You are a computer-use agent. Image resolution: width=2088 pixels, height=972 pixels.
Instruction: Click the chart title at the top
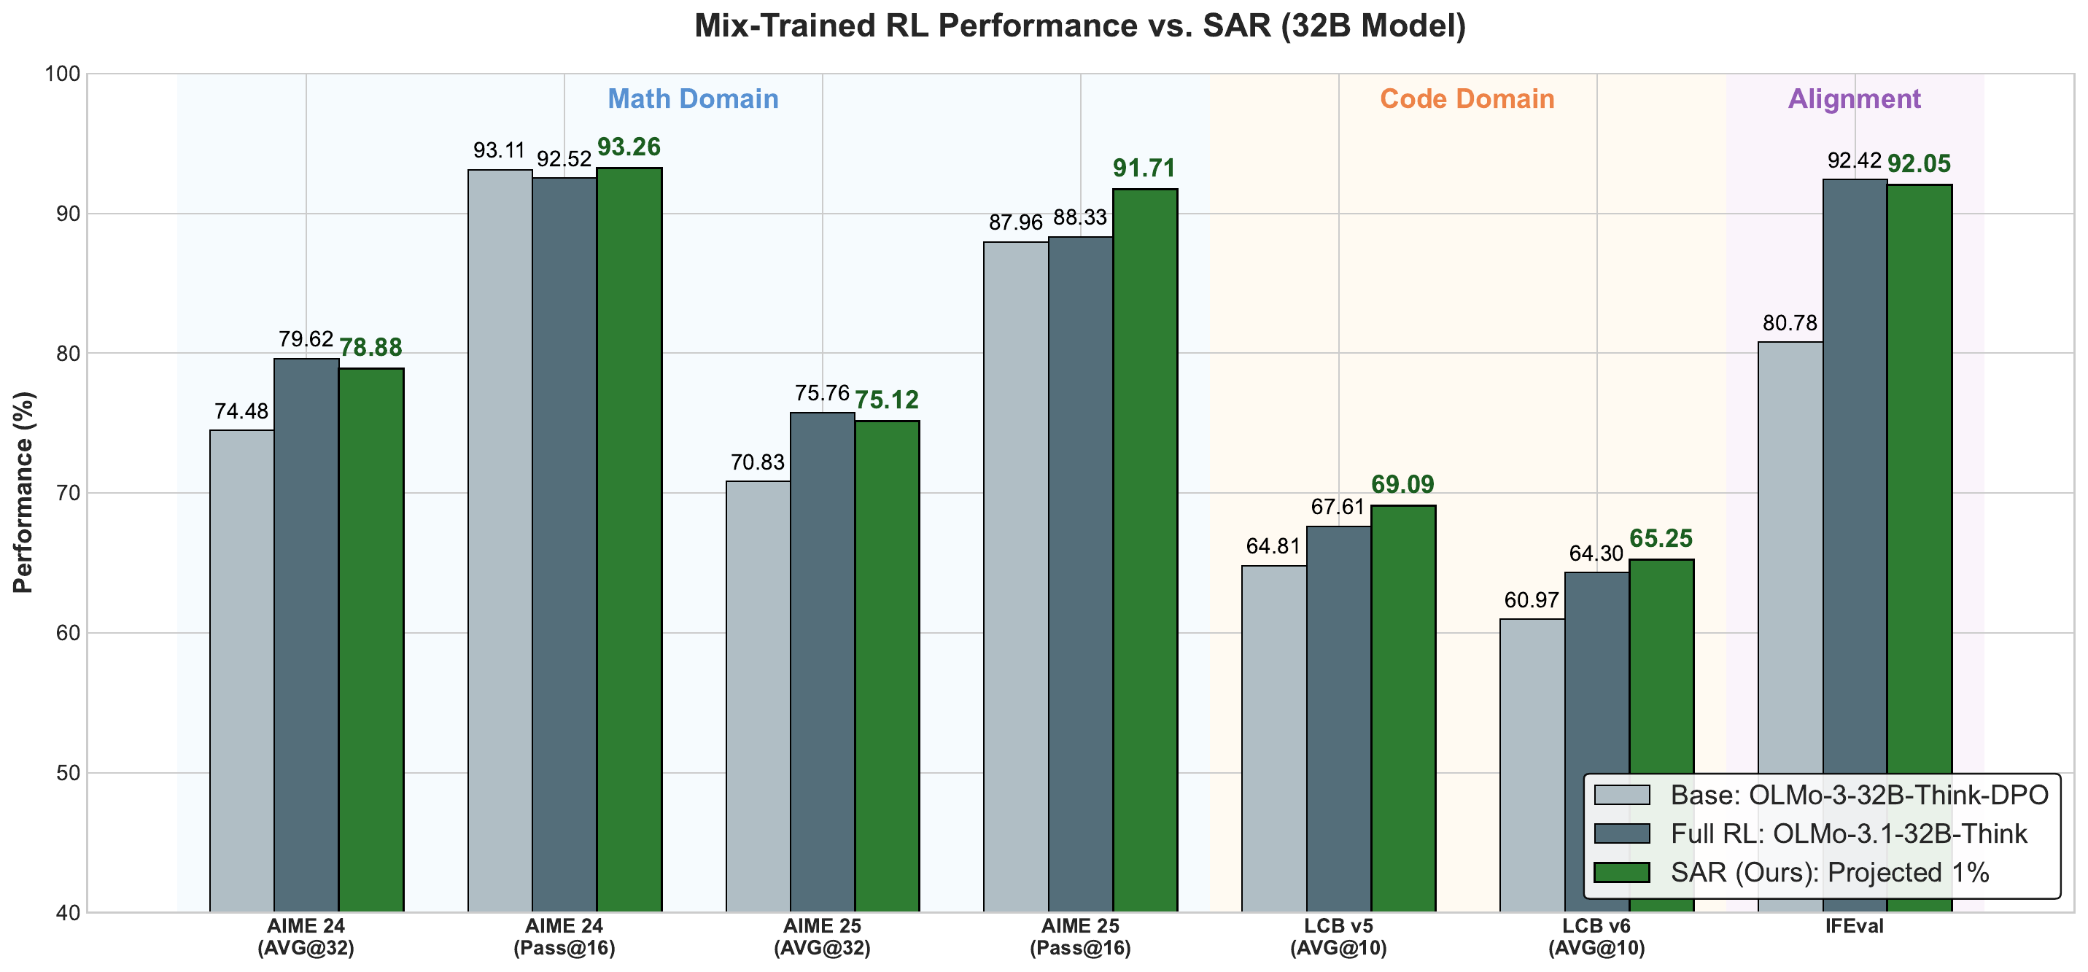coord(1079,26)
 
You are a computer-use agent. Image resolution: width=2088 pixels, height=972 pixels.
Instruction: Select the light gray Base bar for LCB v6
coord(1532,766)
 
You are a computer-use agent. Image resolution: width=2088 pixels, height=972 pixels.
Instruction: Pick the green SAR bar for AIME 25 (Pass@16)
coord(1145,551)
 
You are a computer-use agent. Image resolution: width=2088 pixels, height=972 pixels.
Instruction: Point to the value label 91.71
coord(1144,168)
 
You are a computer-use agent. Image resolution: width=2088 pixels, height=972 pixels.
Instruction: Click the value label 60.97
coord(1532,600)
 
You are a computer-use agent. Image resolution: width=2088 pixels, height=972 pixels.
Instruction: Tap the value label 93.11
coord(500,150)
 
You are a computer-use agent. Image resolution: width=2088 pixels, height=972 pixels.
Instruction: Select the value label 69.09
coord(1402,484)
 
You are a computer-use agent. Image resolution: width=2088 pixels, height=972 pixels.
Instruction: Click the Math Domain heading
coord(693,99)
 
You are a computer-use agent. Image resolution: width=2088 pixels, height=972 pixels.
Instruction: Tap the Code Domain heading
coord(1467,99)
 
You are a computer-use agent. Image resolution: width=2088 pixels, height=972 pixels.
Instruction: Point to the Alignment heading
coord(1855,99)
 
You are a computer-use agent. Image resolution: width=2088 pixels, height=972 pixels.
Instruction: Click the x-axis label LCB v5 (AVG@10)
coord(1338,936)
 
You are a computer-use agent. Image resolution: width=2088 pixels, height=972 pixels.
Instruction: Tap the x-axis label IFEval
coord(1855,926)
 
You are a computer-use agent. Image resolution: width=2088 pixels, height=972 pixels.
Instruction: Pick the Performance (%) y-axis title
coord(23,492)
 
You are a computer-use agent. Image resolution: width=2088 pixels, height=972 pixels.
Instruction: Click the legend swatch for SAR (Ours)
coord(1621,872)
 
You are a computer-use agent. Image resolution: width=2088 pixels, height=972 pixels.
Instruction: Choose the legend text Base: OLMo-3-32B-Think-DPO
coord(1860,795)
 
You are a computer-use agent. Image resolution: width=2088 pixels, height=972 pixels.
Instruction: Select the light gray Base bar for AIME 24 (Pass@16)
coord(500,541)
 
